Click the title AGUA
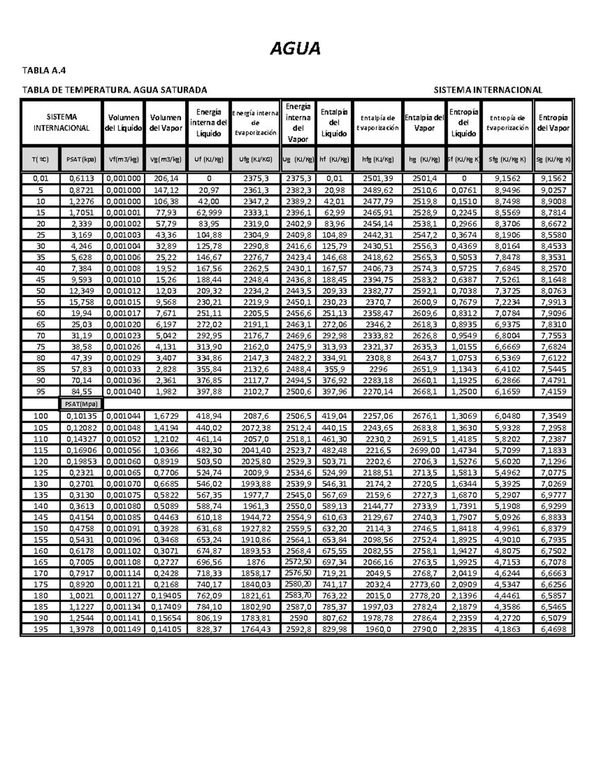[x=295, y=49]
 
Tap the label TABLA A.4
[x=44, y=71]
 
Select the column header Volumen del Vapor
[x=165, y=123]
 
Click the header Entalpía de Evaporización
[x=377, y=123]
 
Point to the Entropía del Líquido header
[x=463, y=123]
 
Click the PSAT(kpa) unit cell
[x=81, y=159]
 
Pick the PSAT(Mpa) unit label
[x=81, y=404]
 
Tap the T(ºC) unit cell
[x=41, y=159]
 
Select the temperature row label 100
[x=41, y=416]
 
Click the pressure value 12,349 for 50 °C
[x=81, y=291]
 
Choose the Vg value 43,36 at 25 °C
[x=165, y=235]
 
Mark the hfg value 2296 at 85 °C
[x=377, y=369]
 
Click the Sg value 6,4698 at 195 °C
[x=553, y=629]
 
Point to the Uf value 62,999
[x=208, y=212]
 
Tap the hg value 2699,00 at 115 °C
[x=424, y=450]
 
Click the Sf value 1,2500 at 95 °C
[x=464, y=391]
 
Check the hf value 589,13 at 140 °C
[x=334, y=506]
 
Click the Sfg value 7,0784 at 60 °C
[x=507, y=313]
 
